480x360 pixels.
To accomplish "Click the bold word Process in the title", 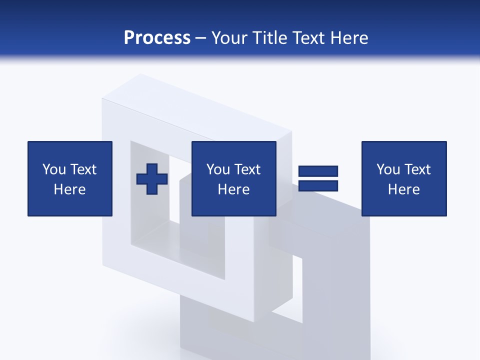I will [157, 38].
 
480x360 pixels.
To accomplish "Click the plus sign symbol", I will [152, 179].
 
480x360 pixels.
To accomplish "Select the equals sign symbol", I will [318, 178].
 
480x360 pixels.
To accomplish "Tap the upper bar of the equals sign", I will [318, 171].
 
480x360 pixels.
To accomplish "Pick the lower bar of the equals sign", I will [318, 186].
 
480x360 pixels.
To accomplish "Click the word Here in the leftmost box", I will [70, 189].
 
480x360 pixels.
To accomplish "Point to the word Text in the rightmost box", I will [417, 169].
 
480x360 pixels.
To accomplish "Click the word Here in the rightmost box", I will [404, 189].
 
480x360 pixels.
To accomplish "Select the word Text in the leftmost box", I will [83, 169].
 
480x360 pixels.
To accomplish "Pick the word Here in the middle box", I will [234, 189].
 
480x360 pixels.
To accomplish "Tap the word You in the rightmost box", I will [388, 169].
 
